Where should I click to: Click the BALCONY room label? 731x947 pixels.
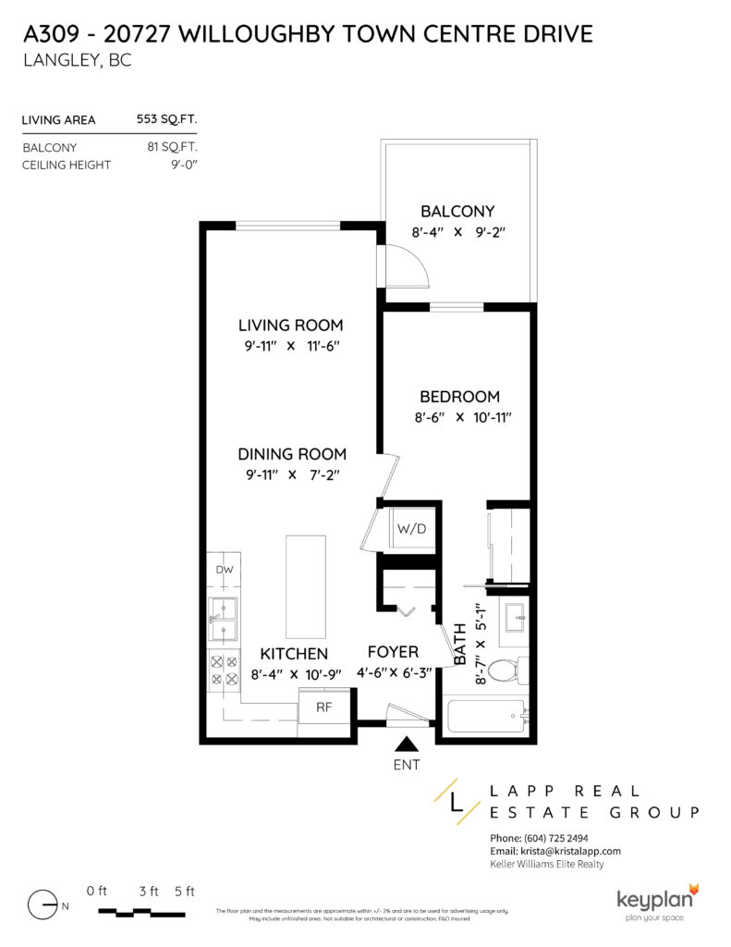tap(457, 211)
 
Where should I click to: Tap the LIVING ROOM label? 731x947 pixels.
tap(290, 326)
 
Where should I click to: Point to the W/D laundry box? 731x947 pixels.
tap(409, 529)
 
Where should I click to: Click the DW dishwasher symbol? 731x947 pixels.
tap(225, 570)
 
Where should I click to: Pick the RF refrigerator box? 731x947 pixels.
tap(323, 708)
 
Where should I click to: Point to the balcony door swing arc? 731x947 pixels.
tap(407, 267)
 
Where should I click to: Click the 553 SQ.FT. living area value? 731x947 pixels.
tap(166, 119)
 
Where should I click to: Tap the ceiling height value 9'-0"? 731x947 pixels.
tap(180, 165)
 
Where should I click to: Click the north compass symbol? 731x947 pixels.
tap(43, 904)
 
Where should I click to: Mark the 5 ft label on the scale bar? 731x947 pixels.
tap(184, 892)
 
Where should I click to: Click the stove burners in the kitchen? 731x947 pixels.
tap(224, 671)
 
